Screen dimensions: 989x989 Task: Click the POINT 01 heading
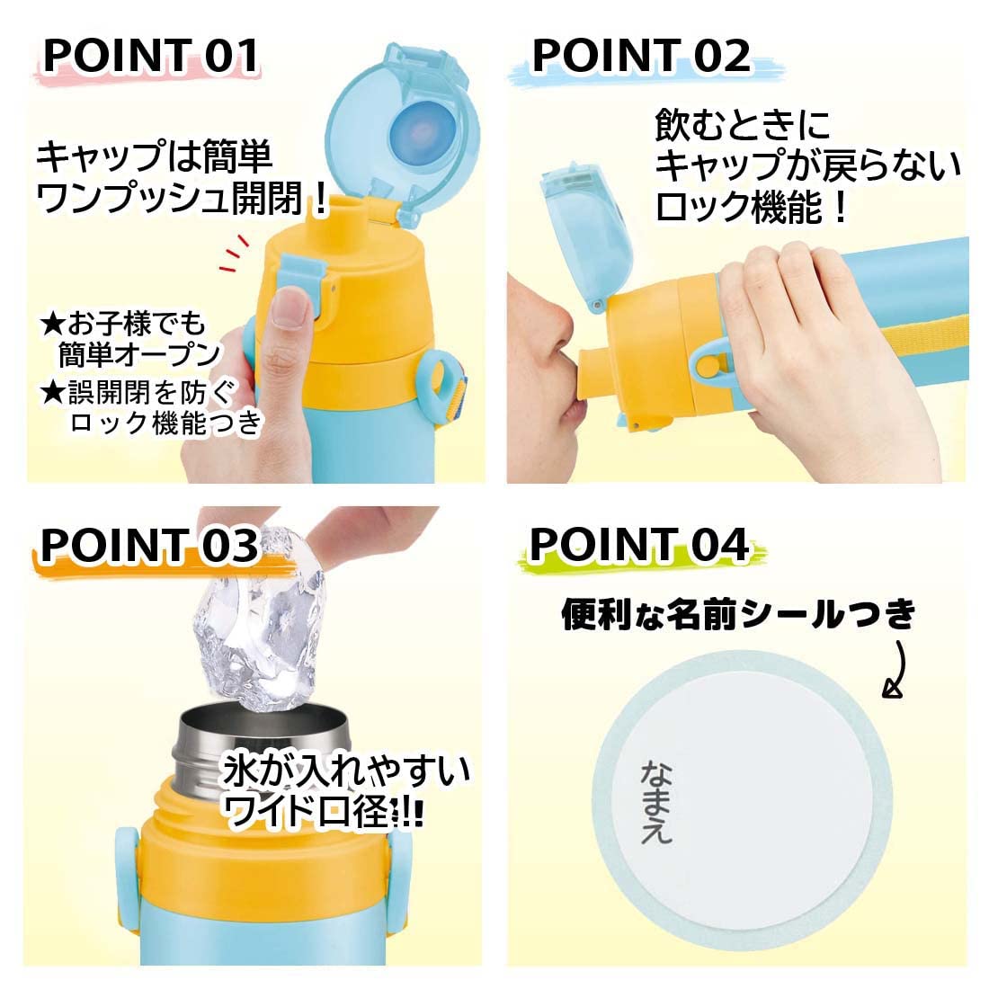151,56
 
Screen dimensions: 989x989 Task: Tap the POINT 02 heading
641,56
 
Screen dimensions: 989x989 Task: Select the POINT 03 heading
149,545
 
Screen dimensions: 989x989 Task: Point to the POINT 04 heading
638,545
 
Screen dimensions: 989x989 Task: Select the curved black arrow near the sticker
899,670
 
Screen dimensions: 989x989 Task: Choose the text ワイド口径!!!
324,814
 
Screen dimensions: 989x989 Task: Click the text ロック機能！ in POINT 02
751,209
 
